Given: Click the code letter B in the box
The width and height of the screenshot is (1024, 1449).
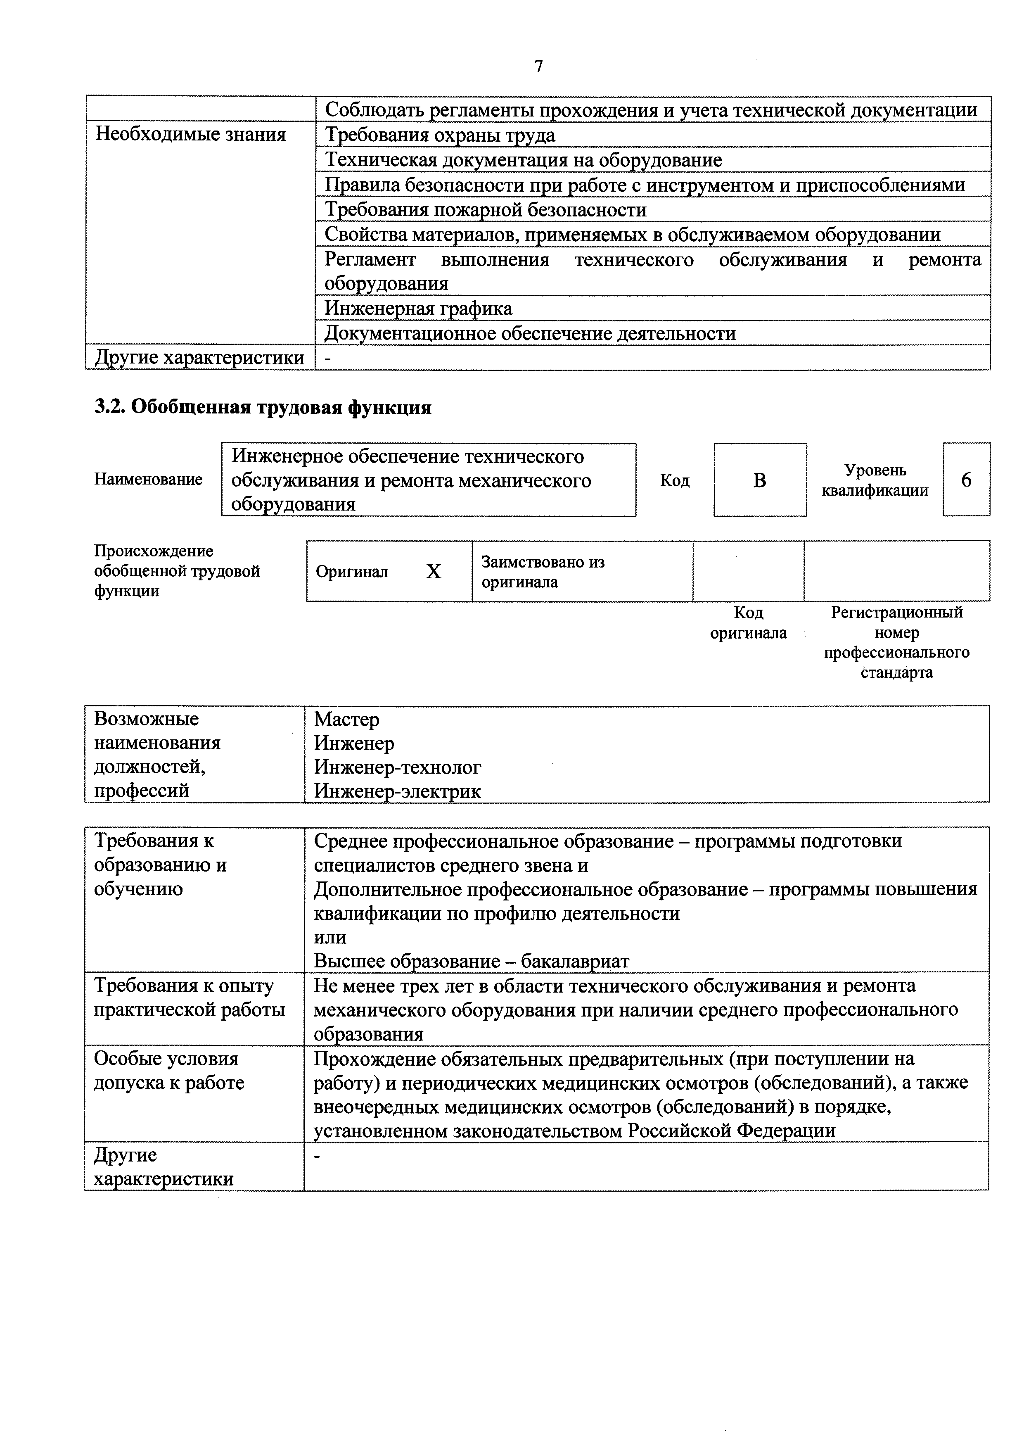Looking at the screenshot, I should (x=760, y=480).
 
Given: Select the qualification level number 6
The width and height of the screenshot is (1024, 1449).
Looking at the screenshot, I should (x=966, y=480).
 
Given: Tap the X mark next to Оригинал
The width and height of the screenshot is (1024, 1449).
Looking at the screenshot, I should (x=434, y=572).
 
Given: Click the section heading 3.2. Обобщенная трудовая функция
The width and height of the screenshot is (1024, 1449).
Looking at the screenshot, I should (x=263, y=408).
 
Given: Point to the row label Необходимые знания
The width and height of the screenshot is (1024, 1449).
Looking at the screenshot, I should (x=190, y=134).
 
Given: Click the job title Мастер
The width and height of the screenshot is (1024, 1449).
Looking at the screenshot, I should (x=347, y=720).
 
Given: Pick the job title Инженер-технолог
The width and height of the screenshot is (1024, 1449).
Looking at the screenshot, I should (x=398, y=767).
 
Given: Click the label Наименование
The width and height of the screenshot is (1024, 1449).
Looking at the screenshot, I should (x=148, y=480).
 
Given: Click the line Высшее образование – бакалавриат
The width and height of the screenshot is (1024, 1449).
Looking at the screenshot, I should (x=471, y=962).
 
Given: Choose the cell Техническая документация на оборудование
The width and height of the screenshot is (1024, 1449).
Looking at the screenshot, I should (x=523, y=160).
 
